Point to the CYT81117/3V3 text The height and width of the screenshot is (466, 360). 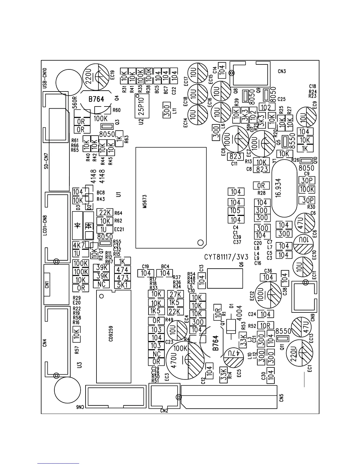coord(226,257)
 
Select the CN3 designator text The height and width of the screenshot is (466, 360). coord(281,71)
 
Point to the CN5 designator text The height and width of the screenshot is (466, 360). coord(281,397)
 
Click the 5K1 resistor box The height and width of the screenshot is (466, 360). coord(122,284)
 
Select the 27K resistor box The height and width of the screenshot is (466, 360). coord(175,294)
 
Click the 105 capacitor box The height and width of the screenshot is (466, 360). coord(236,211)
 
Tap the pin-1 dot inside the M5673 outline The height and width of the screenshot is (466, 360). coord(200,242)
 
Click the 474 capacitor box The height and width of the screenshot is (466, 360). coord(122,270)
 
